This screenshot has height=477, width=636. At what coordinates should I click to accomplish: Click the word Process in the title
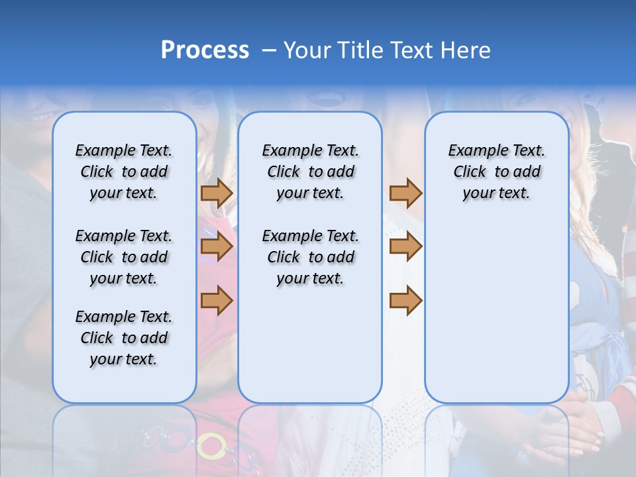pyautogui.click(x=205, y=50)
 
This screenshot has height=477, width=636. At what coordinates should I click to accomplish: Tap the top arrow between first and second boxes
pyautogui.click(x=217, y=193)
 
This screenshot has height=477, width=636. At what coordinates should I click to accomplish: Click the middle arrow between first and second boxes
pyautogui.click(x=217, y=247)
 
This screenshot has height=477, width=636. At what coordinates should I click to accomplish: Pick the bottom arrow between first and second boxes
pyautogui.click(x=217, y=301)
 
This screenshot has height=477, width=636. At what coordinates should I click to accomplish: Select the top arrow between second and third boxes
pyautogui.click(x=405, y=193)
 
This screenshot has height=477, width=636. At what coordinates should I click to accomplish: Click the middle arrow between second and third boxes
pyautogui.click(x=405, y=247)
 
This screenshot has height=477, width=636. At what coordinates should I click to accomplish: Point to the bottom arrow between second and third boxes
pyautogui.click(x=405, y=301)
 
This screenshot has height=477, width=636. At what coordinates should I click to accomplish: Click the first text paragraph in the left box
pyautogui.click(x=124, y=172)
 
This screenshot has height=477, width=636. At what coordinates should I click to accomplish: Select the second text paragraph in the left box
pyautogui.click(x=124, y=257)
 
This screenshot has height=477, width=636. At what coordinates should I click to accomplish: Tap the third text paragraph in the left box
pyautogui.click(x=124, y=338)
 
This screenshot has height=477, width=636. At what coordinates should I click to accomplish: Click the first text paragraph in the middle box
pyautogui.click(x=310, y=172)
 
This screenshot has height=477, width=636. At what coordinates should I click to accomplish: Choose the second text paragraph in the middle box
pyautogui.click(x=310, y=257)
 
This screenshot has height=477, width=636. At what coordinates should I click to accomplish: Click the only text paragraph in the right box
pyautogui.click(x=496, y=172)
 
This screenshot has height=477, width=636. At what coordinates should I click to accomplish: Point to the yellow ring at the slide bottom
pyautogui.click(x=212, y=446)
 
